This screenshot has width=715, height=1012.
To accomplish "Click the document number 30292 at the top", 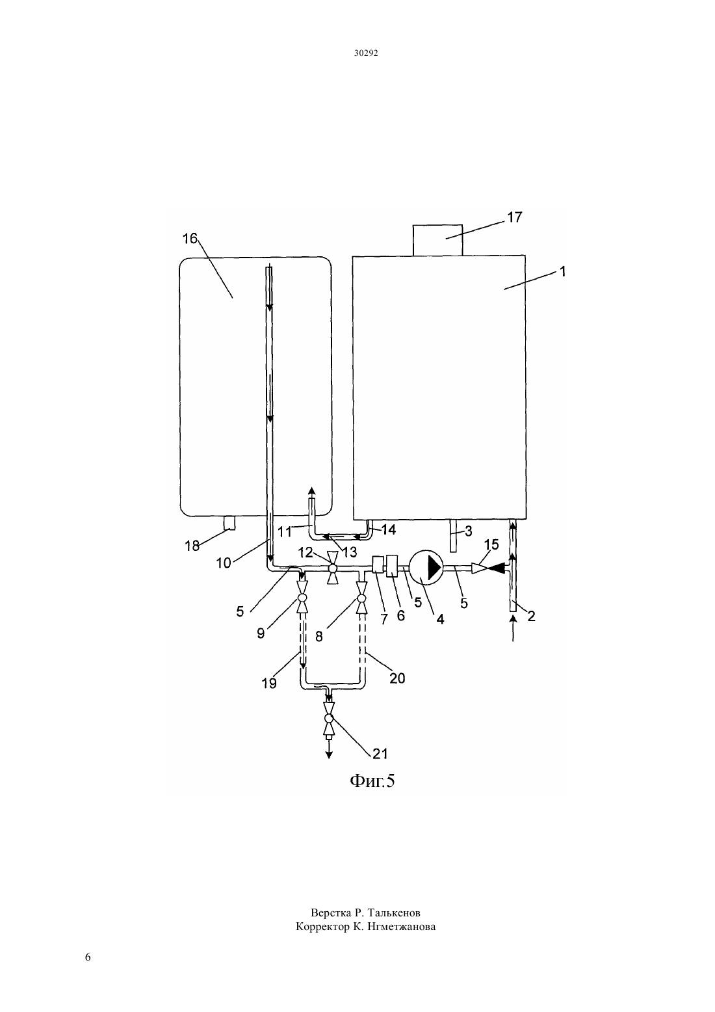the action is coord(365,53).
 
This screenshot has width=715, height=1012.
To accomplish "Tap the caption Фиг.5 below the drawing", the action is coord(372,780).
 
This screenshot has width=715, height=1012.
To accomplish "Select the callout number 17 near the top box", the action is coord(514,217).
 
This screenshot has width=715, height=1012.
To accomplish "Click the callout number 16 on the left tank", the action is coord(190,239).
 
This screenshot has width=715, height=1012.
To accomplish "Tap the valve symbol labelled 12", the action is coord(333,568).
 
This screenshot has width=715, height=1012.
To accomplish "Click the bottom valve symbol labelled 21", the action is coord(329,718).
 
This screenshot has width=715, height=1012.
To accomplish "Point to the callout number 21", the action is coord(380,754).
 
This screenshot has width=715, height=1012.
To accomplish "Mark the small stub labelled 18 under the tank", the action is coord(229,523).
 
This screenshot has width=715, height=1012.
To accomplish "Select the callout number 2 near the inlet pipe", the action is coord(531,616).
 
